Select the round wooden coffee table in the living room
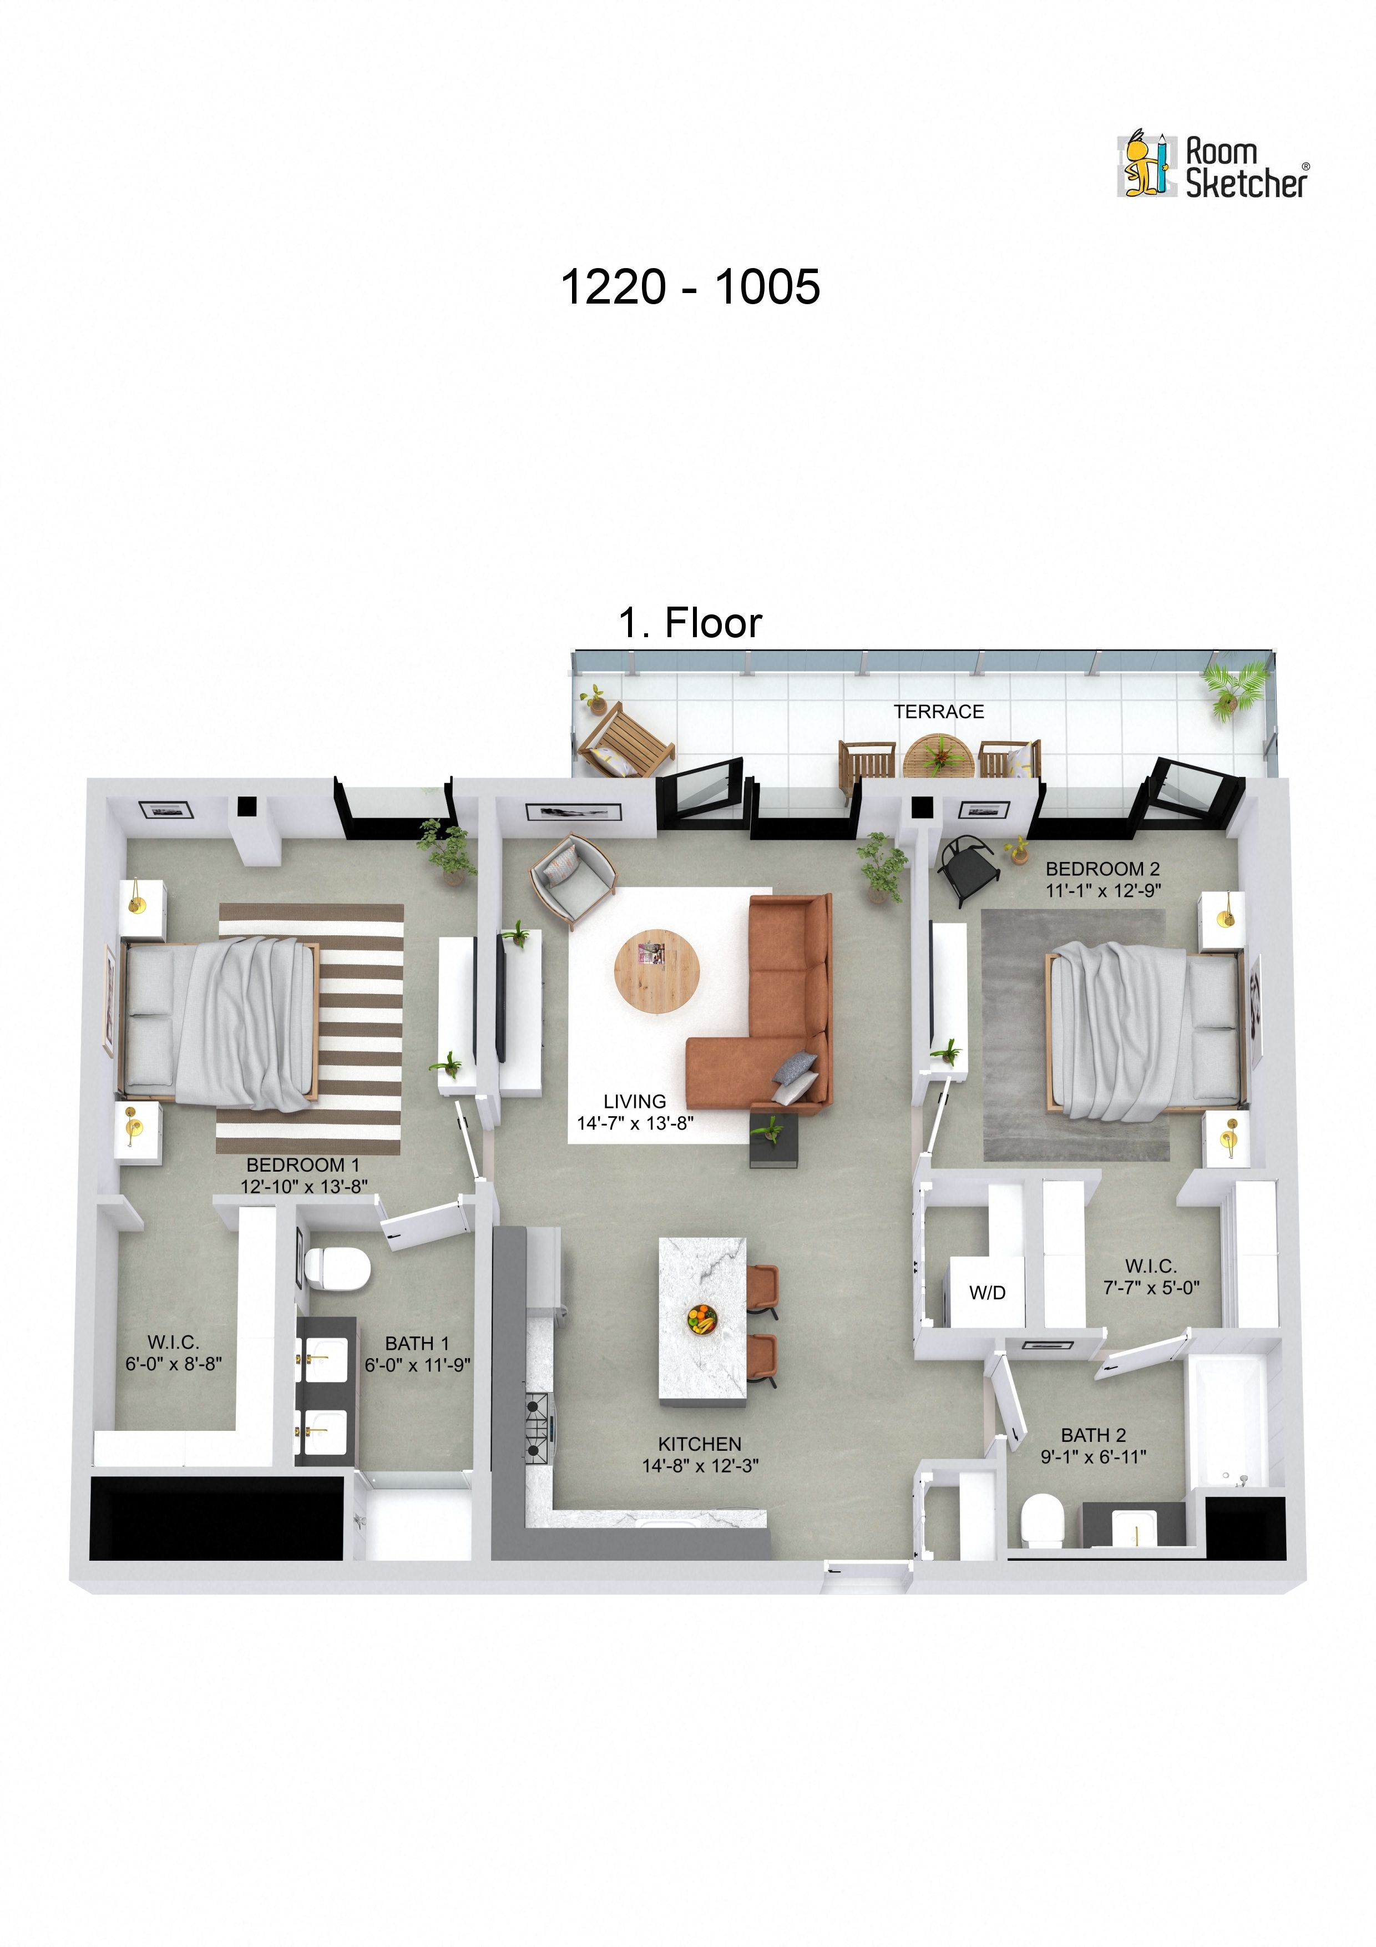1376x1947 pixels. coord(656,971)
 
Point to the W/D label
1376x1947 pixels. coord(987,1292)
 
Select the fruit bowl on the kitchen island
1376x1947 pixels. coord(701,1319)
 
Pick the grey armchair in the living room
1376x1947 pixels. coord(571,879)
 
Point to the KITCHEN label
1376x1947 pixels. coord(700,1443)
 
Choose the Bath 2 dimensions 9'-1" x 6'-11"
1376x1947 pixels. coord(1093,1456)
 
